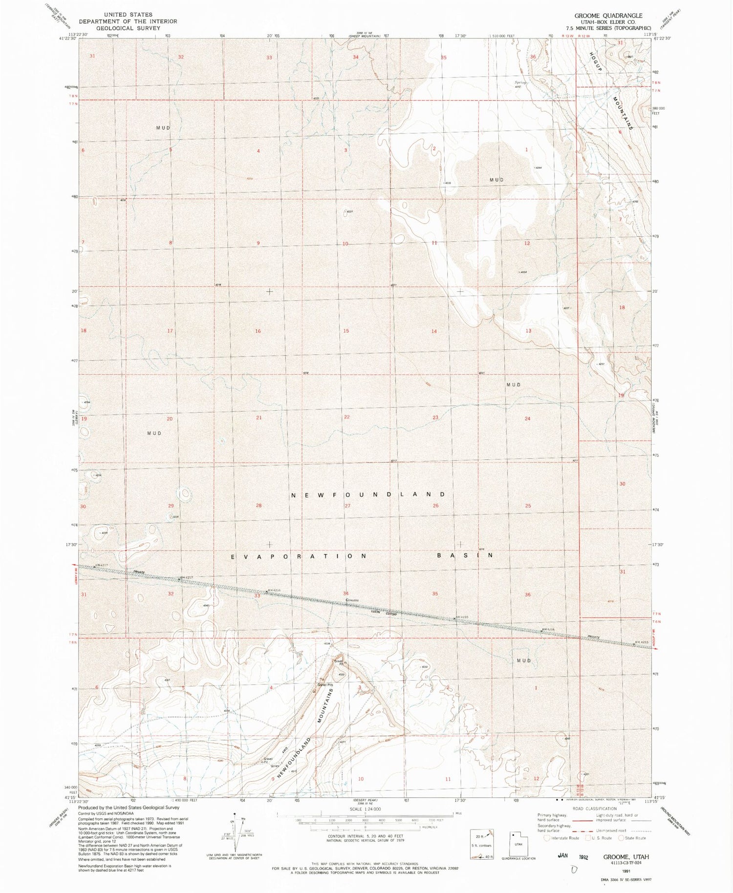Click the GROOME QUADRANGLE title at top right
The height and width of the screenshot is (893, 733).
pyautogui.click(x=608, y=16)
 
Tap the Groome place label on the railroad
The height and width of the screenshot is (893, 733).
pyautogui.click(x=352, y=600)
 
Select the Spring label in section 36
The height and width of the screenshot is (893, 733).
pyautogui.click(x=519, y=82)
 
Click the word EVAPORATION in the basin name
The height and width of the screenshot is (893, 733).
pyautogui.click(x=299, y=556)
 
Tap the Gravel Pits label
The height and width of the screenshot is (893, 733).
pyautogui.click(x=326, y=685)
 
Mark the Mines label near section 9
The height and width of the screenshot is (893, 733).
pyautogui.click(x=275, y=765)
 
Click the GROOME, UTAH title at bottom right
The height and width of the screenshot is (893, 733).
pyautogui.click(x=626, y=857)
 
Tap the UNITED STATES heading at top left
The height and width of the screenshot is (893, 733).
pyautogui.click(x=128, y=15)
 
